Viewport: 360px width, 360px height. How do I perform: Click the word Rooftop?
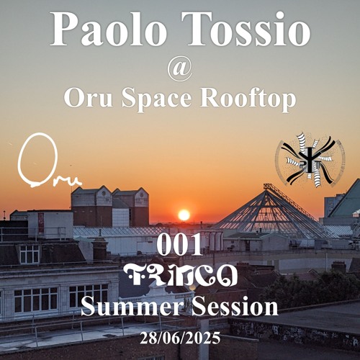(253, 99)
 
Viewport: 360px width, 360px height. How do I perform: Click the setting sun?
(184, 215)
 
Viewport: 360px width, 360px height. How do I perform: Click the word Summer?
(125, 307)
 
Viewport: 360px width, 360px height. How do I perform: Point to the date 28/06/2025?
(179, 337)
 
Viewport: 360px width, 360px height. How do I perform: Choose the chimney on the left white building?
(99, 249)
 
